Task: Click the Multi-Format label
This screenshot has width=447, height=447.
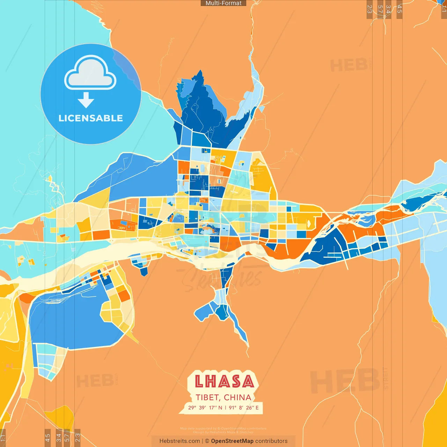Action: coord(223,3)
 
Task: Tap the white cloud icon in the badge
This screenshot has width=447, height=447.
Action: coord(90,73)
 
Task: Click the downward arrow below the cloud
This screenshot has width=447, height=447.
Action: coord(86,100)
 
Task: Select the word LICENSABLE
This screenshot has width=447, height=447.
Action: coord(91,118)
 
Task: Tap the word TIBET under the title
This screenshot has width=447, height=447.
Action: coord(207,397)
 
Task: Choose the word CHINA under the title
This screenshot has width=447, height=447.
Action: coord(237,397)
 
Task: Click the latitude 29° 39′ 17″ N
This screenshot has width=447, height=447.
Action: coord(205,408)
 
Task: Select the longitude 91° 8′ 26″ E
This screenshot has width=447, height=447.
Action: coord(244,408)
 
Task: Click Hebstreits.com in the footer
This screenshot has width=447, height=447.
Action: coord(179,441)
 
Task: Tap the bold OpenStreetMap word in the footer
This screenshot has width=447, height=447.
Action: coord(232,441)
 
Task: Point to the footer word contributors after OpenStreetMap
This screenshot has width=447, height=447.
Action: coord(271,441)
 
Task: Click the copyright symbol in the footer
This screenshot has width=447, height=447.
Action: coord(207,441)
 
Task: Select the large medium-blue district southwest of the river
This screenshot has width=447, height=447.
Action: coord(70,318)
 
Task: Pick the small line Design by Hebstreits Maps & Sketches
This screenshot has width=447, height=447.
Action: coord(223,432)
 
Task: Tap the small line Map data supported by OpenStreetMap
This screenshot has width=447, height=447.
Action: coord(223,428)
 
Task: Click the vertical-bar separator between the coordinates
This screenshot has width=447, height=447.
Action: coord(226,408)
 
